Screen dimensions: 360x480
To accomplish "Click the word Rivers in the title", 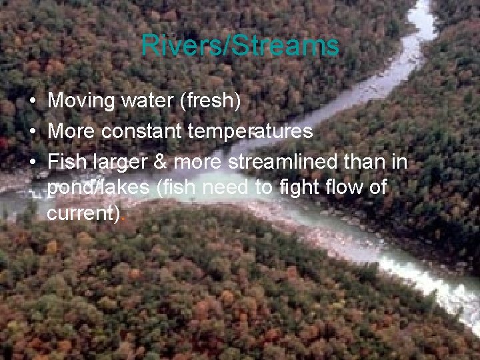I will [x=170, y=46].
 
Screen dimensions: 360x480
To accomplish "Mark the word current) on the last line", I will [x=85, y=215].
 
